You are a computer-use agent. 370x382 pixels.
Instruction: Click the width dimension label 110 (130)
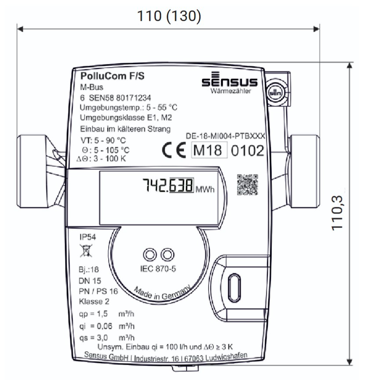(169, 16)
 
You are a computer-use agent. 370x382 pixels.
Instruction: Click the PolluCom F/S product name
(112, 77)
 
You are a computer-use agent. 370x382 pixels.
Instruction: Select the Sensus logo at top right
(229, 82)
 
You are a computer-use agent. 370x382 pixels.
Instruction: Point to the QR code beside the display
(247, 184)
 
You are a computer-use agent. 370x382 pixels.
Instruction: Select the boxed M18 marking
(209, 151)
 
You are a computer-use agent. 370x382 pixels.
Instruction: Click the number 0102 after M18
(248, 151)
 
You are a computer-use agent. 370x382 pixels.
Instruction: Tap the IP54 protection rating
(88, 237)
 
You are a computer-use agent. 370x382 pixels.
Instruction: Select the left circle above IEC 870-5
(150, 254)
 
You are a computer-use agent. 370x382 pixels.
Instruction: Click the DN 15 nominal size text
(90, 280)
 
